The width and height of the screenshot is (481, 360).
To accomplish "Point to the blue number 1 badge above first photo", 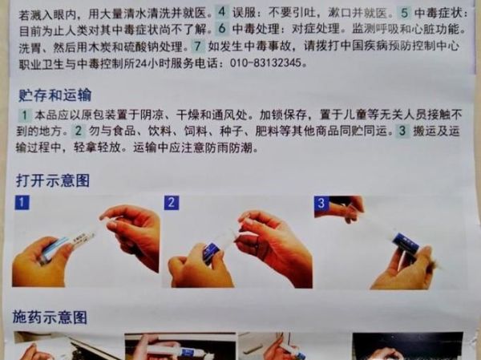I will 22,202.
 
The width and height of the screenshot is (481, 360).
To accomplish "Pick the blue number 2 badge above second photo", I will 172,202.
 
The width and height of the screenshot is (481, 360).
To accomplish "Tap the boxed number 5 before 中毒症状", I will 404,14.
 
